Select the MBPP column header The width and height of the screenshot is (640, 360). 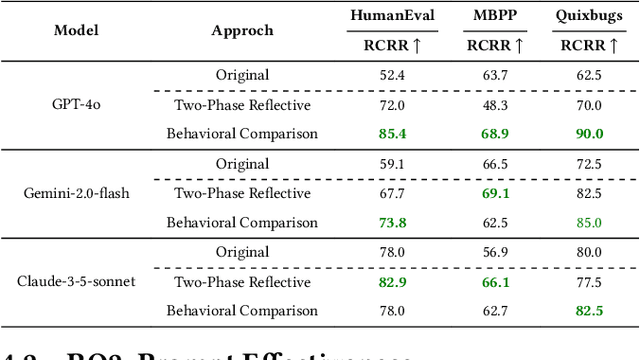point(495,17)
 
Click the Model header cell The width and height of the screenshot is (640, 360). point(76,30)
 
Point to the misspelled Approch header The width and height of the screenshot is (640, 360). point(242,30)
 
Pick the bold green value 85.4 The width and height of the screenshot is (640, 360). point(392,133)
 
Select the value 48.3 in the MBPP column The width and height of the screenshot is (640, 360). point(496,104)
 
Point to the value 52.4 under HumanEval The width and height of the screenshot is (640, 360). point(392,75)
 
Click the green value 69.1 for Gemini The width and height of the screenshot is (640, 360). point(496,193)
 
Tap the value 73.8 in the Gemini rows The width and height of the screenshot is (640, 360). point(392,222)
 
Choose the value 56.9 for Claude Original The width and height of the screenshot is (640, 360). point(496,252)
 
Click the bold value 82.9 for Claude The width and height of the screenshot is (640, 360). point(392,281)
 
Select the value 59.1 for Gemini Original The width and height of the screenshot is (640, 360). point(392,164)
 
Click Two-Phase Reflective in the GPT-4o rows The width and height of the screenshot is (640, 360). point(242,104)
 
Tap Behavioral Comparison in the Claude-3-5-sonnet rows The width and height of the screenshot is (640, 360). point(242,310)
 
